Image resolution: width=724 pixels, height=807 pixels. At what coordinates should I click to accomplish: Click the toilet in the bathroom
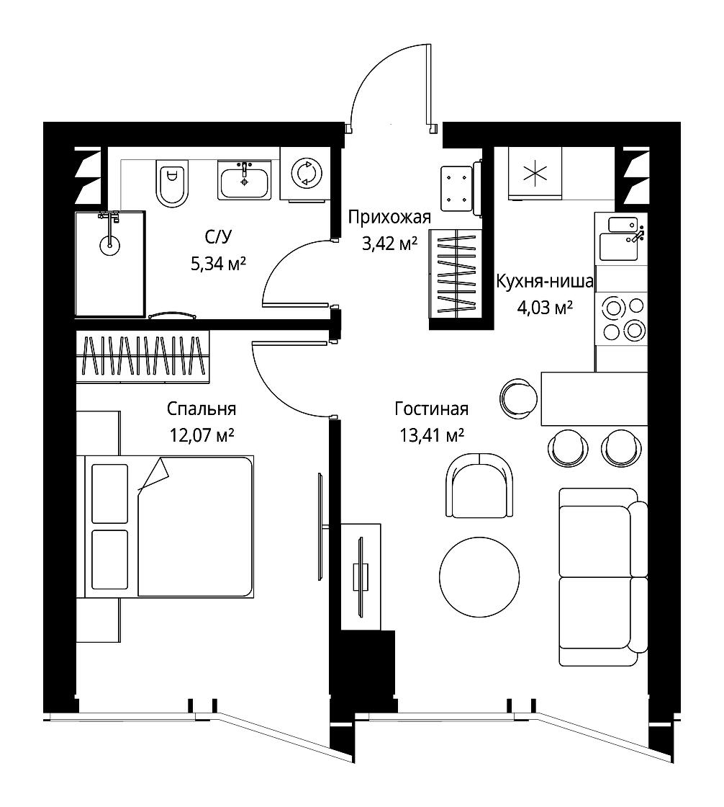click(x=172, y=183)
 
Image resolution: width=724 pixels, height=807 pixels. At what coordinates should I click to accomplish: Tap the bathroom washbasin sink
click(x=244, y=179)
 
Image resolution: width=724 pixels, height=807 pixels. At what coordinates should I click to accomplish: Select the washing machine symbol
click(x=307, y=173)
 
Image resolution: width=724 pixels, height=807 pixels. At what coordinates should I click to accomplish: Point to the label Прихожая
click(x=389, y=217)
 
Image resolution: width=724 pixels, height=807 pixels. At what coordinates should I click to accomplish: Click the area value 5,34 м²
click(x=218, y=264)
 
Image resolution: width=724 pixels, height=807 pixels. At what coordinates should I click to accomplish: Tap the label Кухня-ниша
click(x=545, y=282)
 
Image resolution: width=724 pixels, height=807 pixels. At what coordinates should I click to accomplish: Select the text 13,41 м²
click(x=433, y=435)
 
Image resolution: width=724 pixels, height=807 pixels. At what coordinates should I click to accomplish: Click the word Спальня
click(x=202, y=409)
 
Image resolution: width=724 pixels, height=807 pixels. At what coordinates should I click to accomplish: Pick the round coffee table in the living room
click(x=479, y=577)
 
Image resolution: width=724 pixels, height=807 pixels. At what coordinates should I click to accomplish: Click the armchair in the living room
click(x=479, y=486)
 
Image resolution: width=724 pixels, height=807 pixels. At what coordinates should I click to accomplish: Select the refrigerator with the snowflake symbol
click(x=535, y=173)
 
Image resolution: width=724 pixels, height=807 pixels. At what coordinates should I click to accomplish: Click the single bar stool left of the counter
click(x=518, y=398)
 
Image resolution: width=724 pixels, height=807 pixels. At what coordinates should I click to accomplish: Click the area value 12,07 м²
click(x=202, y=435)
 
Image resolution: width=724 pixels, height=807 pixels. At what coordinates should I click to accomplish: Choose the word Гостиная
click(x=431, y=409)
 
